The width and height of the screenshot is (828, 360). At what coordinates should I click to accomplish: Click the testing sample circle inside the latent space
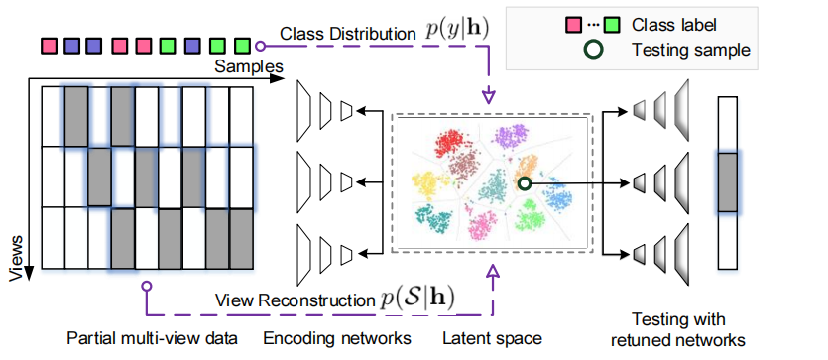click(x=524, y=182)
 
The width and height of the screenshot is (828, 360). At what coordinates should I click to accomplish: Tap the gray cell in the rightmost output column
click(x=728, y=182)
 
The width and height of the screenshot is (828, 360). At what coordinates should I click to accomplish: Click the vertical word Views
click(x=17, y=259)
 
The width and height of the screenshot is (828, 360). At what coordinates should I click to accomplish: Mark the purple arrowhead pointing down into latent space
click(x=488, y=98)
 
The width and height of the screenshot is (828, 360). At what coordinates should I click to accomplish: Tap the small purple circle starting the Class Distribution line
click(x=259, y=45)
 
